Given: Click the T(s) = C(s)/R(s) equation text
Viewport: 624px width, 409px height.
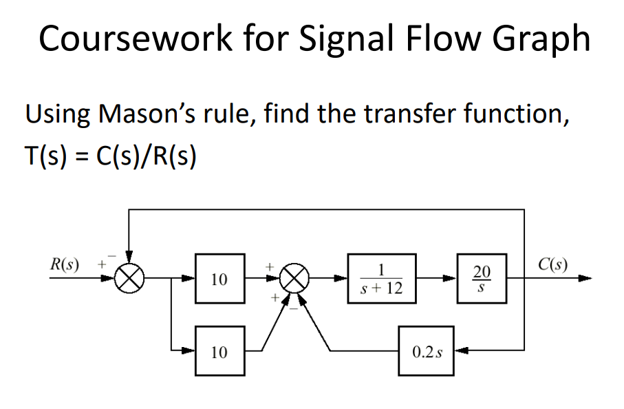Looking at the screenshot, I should pyautogui.click(x=111, y=157).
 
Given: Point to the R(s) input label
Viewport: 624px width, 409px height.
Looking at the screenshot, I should pyautogui.click(x=65, y=264).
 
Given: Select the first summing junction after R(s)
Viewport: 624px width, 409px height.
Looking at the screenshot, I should pyautogui.click(x=129, y=279).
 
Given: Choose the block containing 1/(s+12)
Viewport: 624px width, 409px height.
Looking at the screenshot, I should pyautogui.click(x=381, y=279).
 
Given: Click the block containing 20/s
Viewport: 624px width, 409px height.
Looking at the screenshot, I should pyautogui.click(x=480, y=279).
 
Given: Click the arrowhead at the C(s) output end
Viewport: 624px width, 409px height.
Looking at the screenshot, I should pyautogui.click(x=585, y=279).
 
